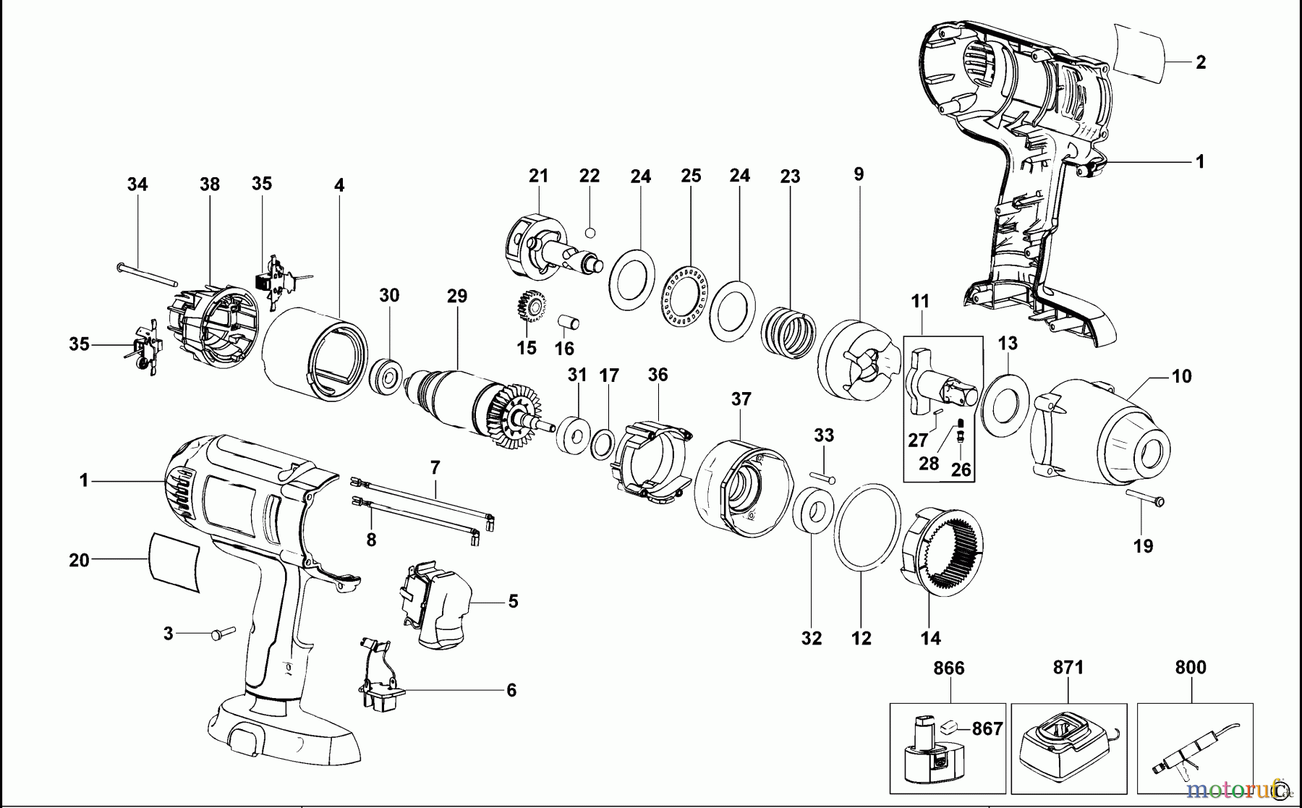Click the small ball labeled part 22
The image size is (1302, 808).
coord(590,233)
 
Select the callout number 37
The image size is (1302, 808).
coord(741,399)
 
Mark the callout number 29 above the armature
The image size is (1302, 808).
coord(457,295)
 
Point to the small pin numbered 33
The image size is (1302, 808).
coord(823,476)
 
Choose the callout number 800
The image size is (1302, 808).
coord(1190,666)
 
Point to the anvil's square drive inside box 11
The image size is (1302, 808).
coord(959,394)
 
